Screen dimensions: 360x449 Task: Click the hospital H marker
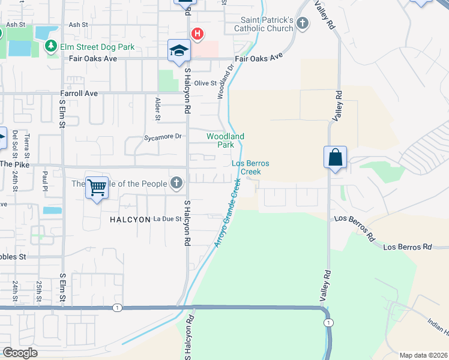coord(196,34)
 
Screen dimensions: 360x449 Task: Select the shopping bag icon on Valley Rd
coord(335,158)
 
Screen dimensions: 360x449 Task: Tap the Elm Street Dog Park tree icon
coord(51,46)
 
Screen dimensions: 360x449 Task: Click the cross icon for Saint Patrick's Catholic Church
coord(303,24)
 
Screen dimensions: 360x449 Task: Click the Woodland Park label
coord(225,140)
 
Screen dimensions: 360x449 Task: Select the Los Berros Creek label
coord(250,167)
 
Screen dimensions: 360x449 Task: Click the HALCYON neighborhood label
coord(129,220)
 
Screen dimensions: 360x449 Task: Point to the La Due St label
coord(167,219)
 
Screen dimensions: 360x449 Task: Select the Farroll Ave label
coord(79,94)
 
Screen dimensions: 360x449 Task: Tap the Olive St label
coord(206,83)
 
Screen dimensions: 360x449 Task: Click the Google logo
coord(20,353)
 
